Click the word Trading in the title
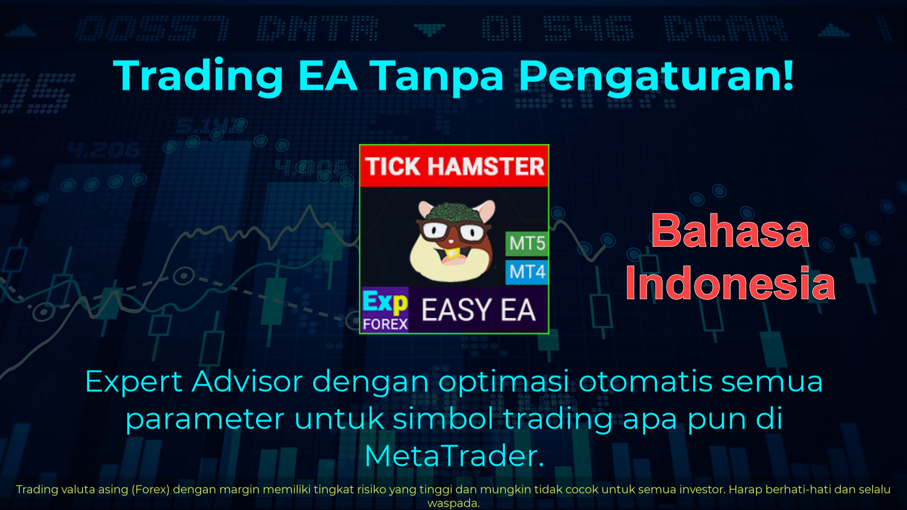click(x=198, y=76)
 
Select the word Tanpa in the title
click(x=437, y=76)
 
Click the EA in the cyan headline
click(x=327, y=76)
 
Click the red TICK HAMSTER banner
click(x=454, y=166)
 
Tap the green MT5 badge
click(x=527, y=243)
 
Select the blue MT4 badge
click(x=527, y=272)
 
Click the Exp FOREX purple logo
click(x=385, y=310)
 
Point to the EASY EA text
click(x=478, y=310)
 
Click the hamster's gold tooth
click(x=453, y=254)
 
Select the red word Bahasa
click(x=730, y=231)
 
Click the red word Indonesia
click(x=730, y=283)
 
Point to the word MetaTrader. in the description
click(x=454, y=456)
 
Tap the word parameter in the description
click(x=205, y=419)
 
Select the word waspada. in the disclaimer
click(x=453, y=503)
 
